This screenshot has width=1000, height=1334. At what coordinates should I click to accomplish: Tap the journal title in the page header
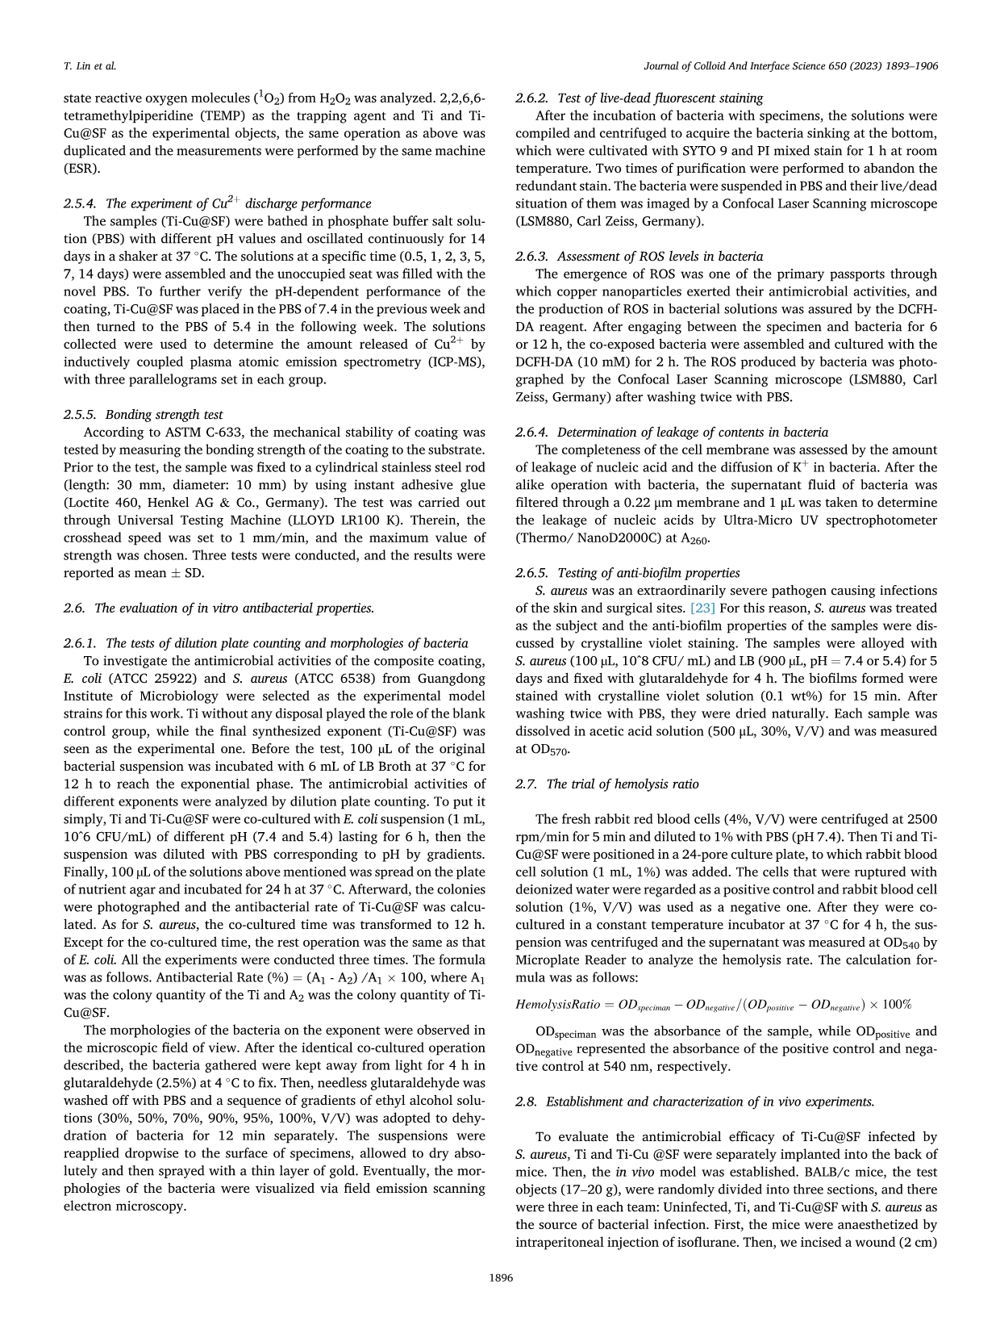coord(791,66)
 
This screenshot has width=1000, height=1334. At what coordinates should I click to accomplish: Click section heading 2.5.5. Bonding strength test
coord(143,415)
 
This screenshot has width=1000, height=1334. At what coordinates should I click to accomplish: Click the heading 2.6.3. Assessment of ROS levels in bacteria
coord(639,257)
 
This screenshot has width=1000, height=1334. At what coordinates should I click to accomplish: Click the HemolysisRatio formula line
coord(713,1005)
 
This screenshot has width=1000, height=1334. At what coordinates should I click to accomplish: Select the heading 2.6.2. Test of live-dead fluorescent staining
coord(639,98)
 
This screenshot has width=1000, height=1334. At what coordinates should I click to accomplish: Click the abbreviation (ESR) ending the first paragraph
coord(80,169)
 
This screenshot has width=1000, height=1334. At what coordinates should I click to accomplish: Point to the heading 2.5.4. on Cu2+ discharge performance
coord(217,203)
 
